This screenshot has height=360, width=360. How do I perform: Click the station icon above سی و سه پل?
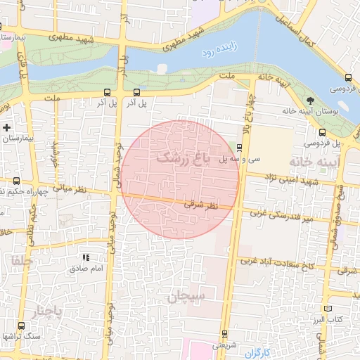click(240, 148)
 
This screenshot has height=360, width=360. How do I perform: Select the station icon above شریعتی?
click(224, 334)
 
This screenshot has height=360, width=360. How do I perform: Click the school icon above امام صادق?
click(86, 258)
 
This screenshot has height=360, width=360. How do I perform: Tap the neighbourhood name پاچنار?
click(48, 310)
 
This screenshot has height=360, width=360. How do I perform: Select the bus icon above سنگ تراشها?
click(20, 326)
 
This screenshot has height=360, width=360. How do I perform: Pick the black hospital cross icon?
click(6, 128)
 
